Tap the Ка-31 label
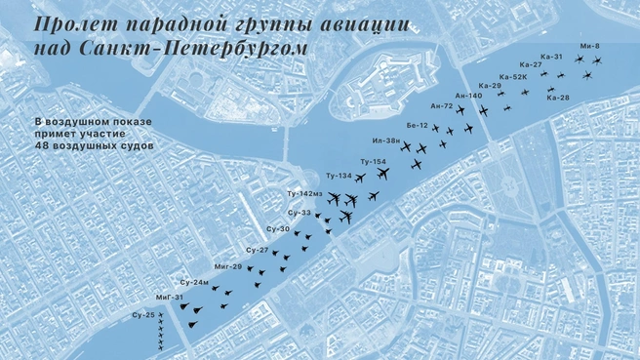551,57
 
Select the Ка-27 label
530,65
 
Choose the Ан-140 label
468,96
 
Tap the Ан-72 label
441,105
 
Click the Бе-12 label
418,125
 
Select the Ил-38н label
386,141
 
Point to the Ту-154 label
373,161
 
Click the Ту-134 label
339,176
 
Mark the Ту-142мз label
304,194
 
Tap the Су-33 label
300,212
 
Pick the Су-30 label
278,229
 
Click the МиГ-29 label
228,266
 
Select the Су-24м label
195,282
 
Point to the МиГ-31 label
170,298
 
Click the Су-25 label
143,315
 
